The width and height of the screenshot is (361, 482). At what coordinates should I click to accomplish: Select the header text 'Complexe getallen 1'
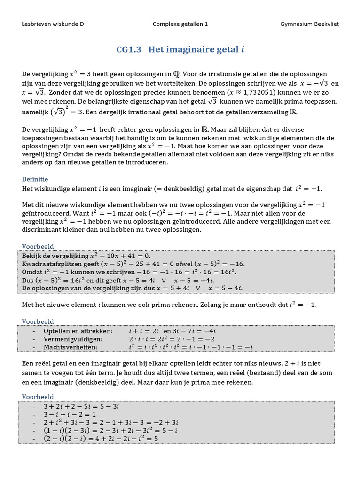[x=180, y=24]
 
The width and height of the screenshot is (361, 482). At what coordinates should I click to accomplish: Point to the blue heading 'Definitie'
[x=35, y=179]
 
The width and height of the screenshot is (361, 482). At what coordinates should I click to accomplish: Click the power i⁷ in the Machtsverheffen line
[x=132, y=347]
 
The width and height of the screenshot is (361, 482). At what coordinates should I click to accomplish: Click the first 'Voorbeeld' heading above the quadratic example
[x=38, y=246]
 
